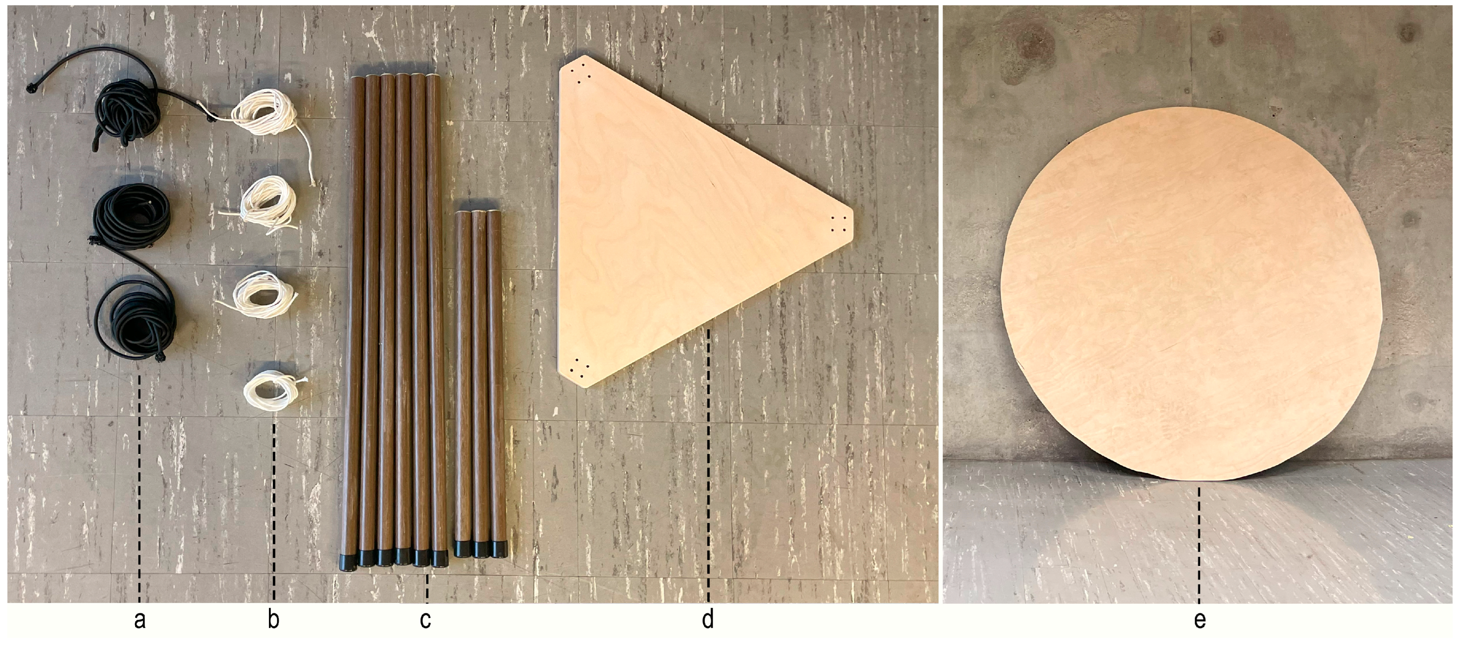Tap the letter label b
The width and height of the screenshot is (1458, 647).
273,620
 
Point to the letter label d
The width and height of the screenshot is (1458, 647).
707,620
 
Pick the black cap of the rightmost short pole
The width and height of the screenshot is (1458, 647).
498,550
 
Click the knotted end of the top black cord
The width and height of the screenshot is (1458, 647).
32,86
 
